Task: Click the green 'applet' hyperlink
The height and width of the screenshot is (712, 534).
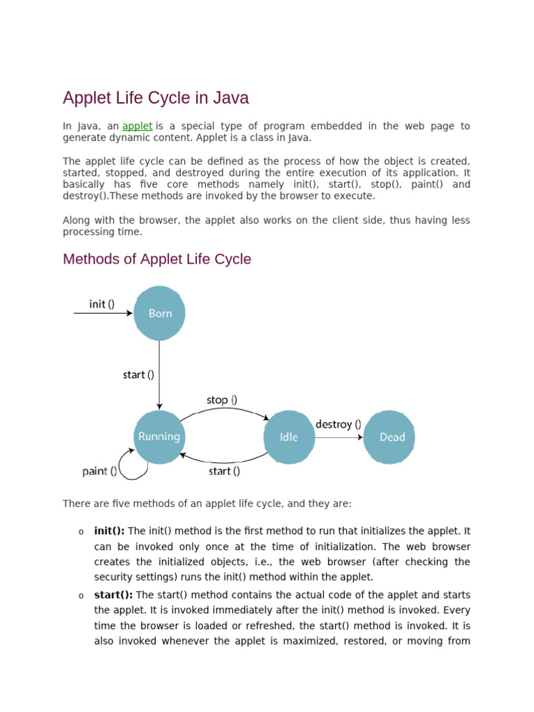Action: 137,126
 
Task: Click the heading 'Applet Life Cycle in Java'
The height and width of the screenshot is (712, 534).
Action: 156,98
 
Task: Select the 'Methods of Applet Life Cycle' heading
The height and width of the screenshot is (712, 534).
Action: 157,259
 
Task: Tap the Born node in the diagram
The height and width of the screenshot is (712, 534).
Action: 160,314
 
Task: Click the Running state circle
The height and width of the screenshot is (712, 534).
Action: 159,437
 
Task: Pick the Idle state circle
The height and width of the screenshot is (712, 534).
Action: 289,437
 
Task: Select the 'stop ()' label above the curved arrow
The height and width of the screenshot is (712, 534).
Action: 222,400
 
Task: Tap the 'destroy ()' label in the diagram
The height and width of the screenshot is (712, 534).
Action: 338,424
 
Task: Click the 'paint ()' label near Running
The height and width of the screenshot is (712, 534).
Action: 100,471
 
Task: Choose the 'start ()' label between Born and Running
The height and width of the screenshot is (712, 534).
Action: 138,375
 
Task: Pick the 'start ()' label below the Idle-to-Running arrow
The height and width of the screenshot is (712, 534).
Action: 224,471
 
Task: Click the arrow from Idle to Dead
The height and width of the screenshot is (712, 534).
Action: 339,437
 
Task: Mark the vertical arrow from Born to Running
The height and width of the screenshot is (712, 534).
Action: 159,375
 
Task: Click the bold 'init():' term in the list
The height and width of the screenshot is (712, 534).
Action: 109,531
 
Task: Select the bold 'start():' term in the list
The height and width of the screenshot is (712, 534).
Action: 113,595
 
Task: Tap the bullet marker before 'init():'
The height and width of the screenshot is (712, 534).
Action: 81,532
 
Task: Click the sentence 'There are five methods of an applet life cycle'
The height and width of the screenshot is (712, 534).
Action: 207,503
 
